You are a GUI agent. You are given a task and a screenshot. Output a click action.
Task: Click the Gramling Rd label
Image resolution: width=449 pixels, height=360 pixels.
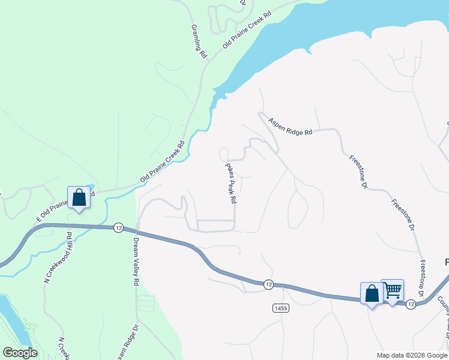[x=198, y=41]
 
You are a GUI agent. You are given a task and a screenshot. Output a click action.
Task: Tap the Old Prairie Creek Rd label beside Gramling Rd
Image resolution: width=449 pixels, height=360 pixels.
[x=247, y=29]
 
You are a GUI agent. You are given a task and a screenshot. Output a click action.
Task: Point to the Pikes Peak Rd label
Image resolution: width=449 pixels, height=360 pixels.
[x=231, y=184]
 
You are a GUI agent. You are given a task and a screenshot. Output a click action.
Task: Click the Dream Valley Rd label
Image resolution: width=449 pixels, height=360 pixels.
[x=136, y=261]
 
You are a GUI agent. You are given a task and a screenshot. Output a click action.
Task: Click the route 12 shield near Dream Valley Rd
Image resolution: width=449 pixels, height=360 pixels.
[x=118, y=227]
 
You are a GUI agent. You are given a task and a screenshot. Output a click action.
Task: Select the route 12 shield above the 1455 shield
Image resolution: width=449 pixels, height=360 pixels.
[x=268, y=283]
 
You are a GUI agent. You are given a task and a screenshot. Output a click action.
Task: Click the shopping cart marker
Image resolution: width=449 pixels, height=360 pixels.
[x=393, y=291]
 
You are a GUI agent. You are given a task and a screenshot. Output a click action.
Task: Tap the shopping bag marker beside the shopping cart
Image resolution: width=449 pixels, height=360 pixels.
[x=372, y=294]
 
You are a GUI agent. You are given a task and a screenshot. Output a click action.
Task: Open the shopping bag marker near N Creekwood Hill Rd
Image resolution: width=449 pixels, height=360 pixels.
[x=79, y=197]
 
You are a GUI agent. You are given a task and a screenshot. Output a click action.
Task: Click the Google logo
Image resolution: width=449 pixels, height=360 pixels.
[x=20, y=353]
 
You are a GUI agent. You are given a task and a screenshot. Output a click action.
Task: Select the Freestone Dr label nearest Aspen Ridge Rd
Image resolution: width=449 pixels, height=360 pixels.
[x=357, y=172]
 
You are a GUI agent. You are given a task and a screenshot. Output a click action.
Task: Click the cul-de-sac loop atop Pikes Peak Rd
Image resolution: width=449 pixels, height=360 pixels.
[x=224, y=152]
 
